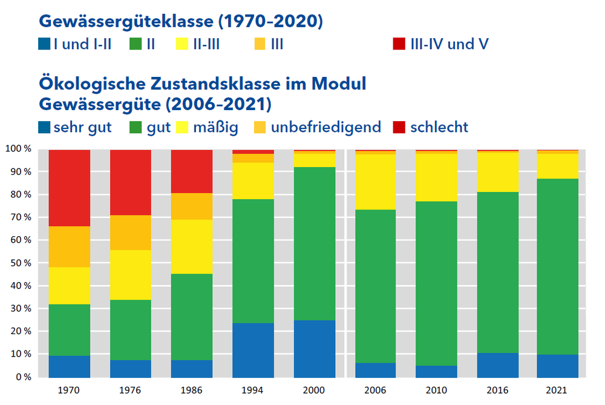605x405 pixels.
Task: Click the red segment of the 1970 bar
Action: pyautogui.click(x=70, y=188)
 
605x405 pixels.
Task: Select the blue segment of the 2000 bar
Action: pyautogui.click(x=315, y=348)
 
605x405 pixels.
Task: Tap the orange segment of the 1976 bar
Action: pyautogui.click(x=131, y=232)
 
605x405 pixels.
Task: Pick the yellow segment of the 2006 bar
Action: pyautogui.click(x=376, y=182)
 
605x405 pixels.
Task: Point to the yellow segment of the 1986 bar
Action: pyautogui.click(x=192, y=246)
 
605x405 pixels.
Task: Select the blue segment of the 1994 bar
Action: pyautogui.click(x=253, y=349)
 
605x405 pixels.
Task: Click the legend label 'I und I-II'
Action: pyautogui.click(x=82, y=44)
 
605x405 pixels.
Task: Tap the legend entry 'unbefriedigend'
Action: pyautogui.click(x=325, y=127)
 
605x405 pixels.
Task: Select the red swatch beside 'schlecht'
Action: pyautogui.click(x=399, y=128)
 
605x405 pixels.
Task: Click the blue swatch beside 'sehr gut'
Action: pyautogui.click(x=44, y=128)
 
